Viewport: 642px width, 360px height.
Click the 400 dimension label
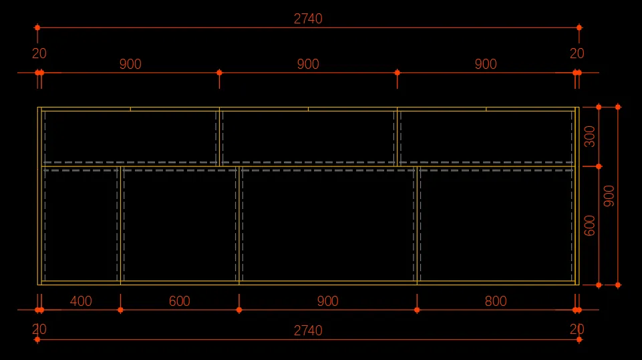click(81, 301)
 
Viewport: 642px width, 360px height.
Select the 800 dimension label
click(496, 301)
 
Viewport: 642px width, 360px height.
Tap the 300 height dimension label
click(590, 136)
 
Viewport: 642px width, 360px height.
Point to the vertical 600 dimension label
click(590, 225)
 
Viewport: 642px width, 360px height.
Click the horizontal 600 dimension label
click(179, 301)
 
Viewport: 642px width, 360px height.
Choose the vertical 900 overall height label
click(609, 196)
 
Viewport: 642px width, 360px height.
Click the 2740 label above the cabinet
click(308, 19)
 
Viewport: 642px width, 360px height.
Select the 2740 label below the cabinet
click(308, 331)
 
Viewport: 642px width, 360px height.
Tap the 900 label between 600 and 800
click(327, 301)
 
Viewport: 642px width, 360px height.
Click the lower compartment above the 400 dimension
click(81, 225)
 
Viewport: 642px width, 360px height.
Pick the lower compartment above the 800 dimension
click(495, 225)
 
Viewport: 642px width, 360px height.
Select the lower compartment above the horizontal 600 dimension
click(179, 225)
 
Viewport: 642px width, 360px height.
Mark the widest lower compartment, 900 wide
click(327, 225)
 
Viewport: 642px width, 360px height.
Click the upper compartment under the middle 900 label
click(308, 136)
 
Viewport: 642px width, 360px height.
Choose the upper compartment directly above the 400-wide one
click(130, 136)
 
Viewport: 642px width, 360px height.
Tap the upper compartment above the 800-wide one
click(486, 136)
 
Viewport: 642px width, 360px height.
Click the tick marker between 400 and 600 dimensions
click(120, 310)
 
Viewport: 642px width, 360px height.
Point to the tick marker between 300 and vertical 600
click(599, 166)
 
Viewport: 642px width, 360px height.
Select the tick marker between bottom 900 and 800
click(417, 310)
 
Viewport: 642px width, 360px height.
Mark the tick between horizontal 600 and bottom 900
click(239, 310)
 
